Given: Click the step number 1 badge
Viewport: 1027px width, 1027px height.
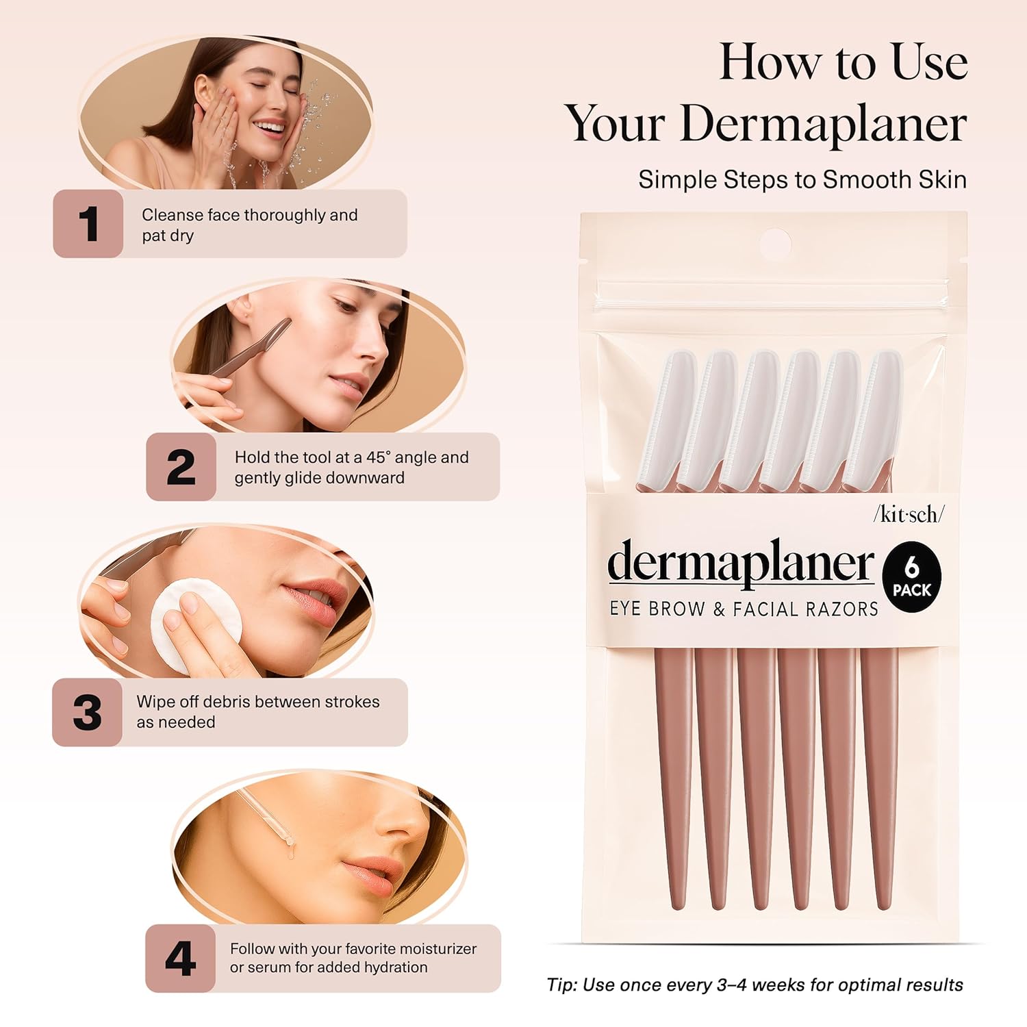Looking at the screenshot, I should pos(88,224).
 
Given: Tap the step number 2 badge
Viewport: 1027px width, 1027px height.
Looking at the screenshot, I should pos(181,467).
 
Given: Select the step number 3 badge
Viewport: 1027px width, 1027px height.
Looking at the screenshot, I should pos(87,712).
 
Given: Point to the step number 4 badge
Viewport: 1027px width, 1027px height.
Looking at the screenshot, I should pos(180,958).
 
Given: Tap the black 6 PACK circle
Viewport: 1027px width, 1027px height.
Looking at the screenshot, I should pos(911,578).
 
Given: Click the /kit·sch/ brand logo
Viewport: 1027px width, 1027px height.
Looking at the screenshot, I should pos(908,515).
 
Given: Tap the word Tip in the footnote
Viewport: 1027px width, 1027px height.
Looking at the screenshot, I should pos(561,985).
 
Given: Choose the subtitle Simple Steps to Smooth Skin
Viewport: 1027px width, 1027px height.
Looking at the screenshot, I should pos(802,179).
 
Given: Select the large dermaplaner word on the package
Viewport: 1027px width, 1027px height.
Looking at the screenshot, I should pos(740,563).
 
